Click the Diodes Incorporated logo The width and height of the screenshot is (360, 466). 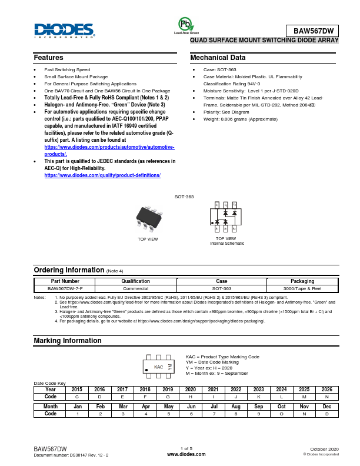64,31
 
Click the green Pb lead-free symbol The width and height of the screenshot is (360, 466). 186,24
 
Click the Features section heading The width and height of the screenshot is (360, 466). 49,58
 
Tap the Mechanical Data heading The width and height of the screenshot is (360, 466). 218,58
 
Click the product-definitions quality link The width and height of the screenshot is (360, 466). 102,175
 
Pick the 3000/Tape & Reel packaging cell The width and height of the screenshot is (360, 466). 302,289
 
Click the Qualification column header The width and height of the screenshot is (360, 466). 135,281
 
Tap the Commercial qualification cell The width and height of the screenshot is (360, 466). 135,289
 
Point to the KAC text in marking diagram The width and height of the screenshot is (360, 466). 158,367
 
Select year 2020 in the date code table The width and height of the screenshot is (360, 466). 191,390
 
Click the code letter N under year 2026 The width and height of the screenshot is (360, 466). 327,397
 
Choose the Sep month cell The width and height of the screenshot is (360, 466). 259,407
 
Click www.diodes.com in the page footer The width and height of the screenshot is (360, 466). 186,454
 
